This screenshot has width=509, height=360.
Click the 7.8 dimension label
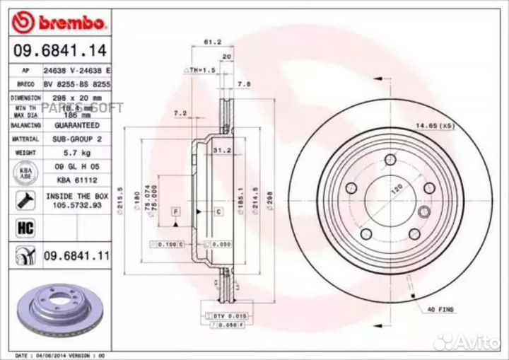(x=243, y=84)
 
